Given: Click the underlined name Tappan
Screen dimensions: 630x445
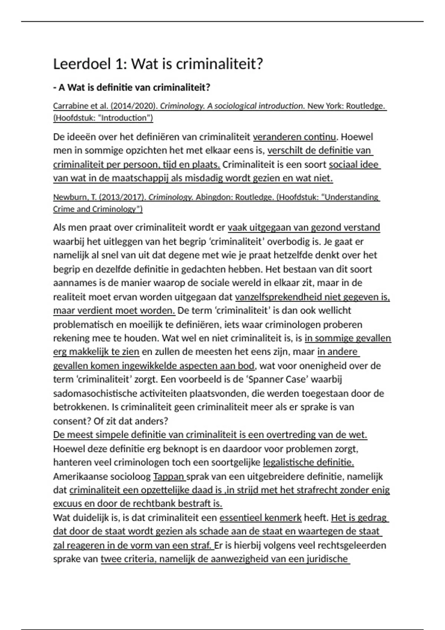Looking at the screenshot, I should point(169,476).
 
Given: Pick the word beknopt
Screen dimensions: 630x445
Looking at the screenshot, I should point(179,449).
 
